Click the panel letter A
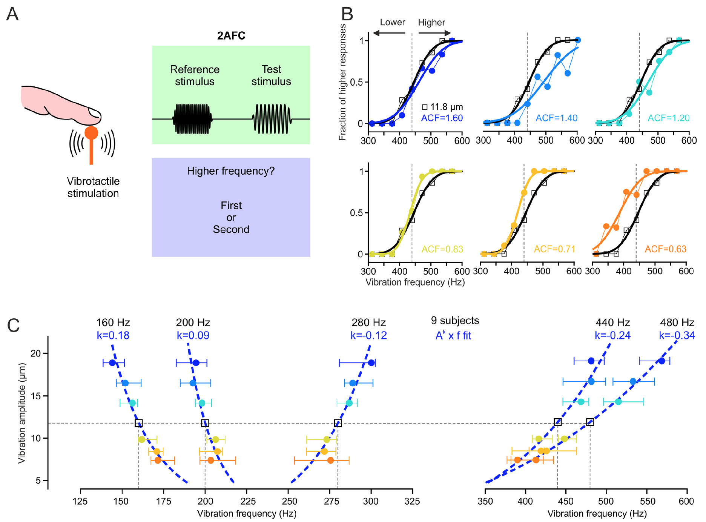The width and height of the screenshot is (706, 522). pyautogui.click(x=12, y=14)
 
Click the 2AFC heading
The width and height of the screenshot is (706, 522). pyautogui.click(x=231, y=36)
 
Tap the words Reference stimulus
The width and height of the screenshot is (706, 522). pyautogui.click(x=195, y=75)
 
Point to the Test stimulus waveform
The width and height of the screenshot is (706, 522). pyautogui.click(x=272, y=119)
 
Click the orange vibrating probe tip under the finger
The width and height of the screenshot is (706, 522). pyautogui.click(x=91, y=133)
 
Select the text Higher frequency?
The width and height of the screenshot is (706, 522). pyautogui.click(x=231, y=171)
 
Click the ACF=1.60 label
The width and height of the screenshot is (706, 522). pyautogui.click(x=442, y=118)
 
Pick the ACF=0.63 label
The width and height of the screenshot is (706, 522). pyautogui.click(x=665, y=249)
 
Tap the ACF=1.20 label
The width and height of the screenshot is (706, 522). pyautogui.click(x=668, y=118)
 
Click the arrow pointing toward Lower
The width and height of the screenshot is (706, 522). pyautogui.click(x=388, y=33)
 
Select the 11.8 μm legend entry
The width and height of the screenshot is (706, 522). pyautogui.click(x=442, y=107)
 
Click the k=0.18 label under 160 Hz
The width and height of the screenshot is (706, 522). pyautogui.click(x=113, y=335)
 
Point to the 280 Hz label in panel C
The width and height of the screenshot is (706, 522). pyautogui.click(x=368, y=323)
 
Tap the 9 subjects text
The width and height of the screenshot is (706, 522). pyautogui.click(x=455, y=321)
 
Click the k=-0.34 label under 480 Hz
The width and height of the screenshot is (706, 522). pyautogui.click(x=677, y=335)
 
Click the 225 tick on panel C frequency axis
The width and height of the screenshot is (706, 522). pyautogui.click(x=246, y=501)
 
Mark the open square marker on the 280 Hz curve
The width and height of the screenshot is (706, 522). pyautogui.click(x=338, y=423)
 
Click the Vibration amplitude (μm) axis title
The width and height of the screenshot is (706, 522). pyautogui.click(x=21, y=413)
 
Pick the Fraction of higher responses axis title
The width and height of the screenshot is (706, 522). pyautogui.click(x=342, y=82)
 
